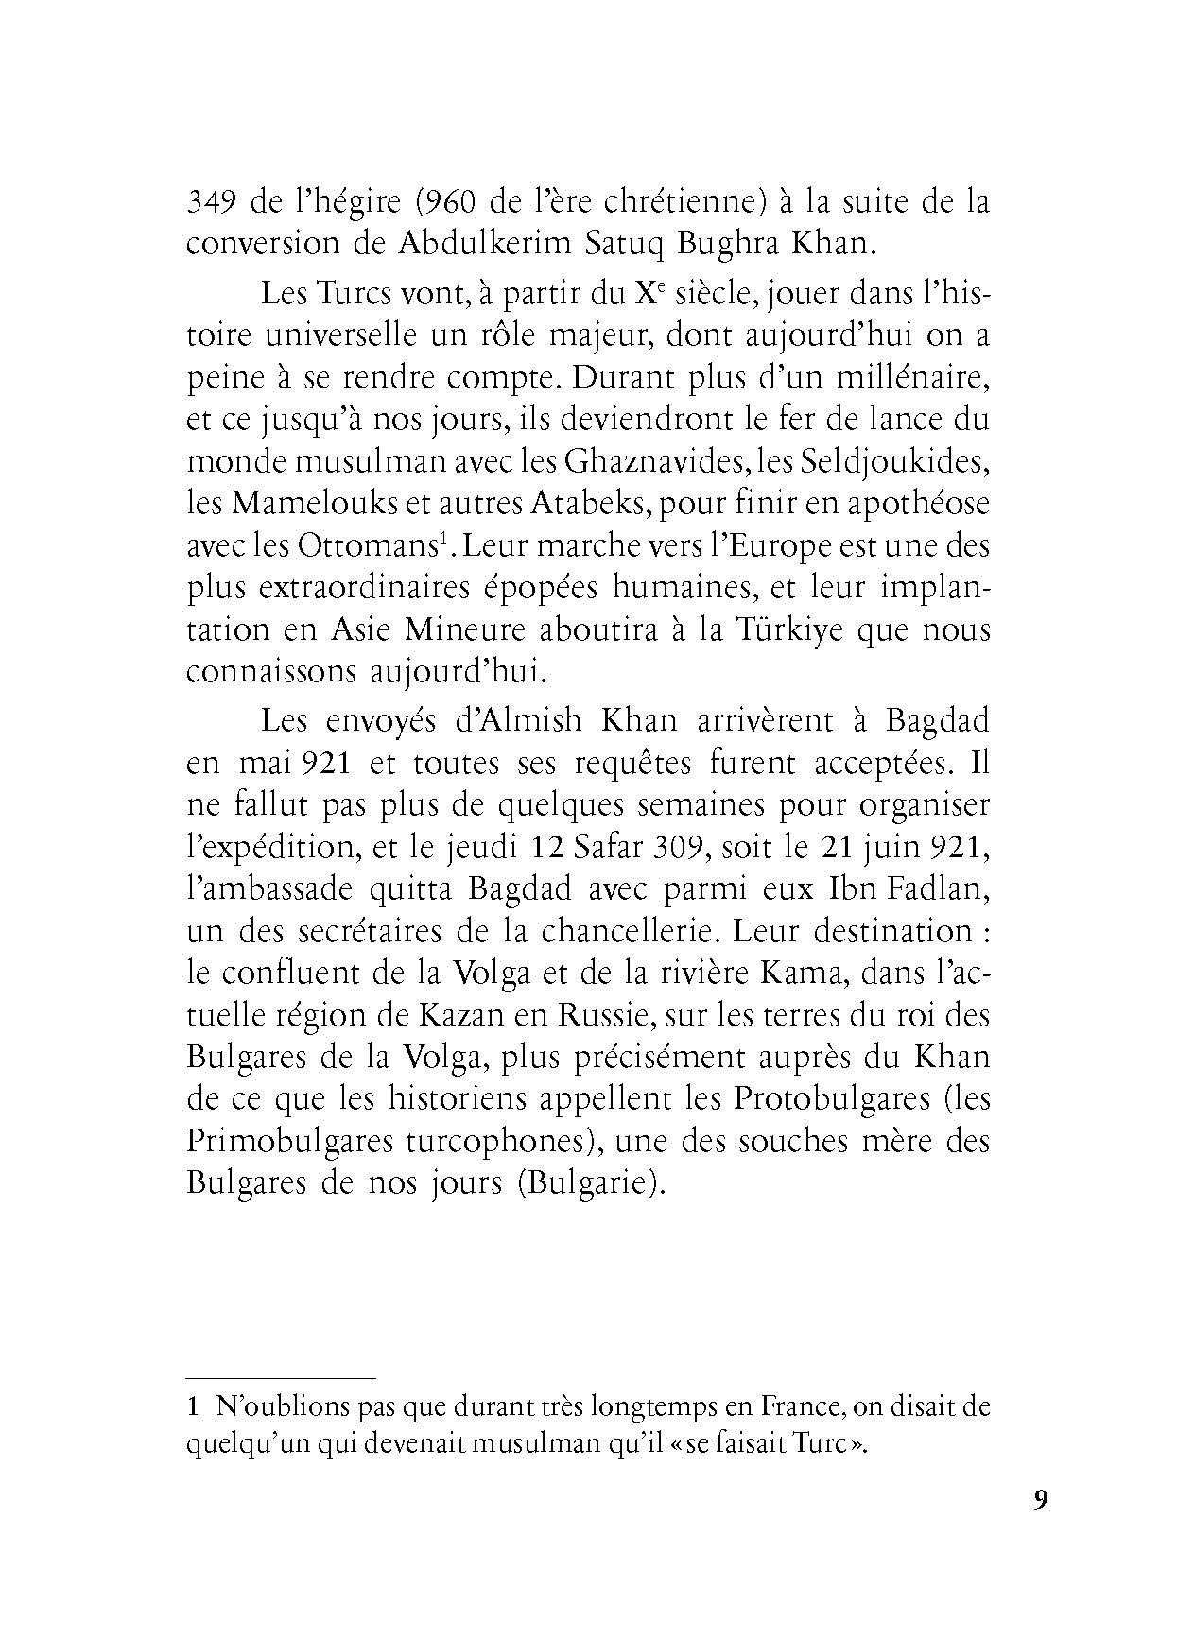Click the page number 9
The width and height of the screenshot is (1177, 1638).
(1041, 1501)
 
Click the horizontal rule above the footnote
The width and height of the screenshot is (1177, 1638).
(281, 1378)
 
